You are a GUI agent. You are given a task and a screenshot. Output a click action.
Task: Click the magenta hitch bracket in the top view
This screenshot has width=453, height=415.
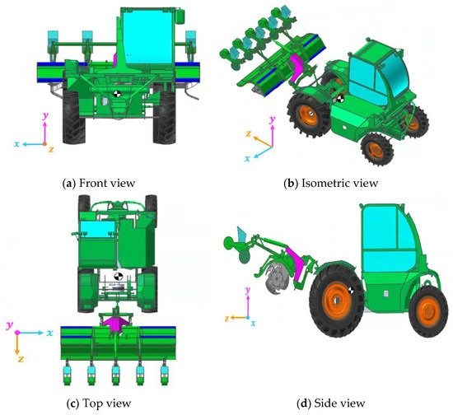pyautogui.click(x=118, y=324)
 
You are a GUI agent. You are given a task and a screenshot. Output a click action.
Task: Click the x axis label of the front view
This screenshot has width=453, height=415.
pyautogui.click(x=16, y=143)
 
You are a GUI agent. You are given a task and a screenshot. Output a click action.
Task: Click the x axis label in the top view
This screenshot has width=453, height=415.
pyautogui.click(x=49, y=332)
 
